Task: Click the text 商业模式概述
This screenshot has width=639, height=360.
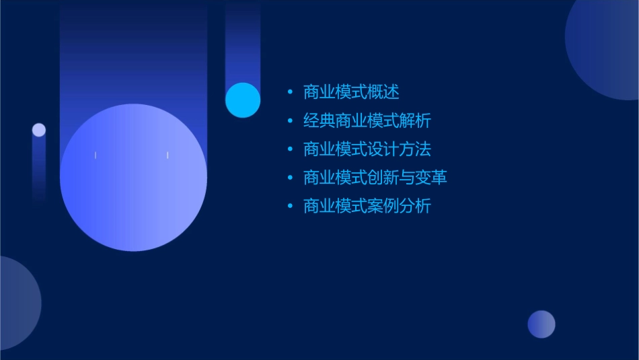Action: [x=351, y=92]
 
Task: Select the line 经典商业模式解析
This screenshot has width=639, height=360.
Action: [x=367, y=121]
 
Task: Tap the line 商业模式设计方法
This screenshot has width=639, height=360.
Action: [x=367, y=149]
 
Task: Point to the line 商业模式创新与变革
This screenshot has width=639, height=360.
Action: [x=375, y=178]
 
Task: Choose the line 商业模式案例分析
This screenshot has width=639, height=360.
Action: [x=367, y=206]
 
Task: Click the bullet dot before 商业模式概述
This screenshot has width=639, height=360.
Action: [x=290, y=92]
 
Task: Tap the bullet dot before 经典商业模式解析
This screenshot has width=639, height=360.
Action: [x=290, y=121]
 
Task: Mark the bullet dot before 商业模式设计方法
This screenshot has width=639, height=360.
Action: [x=290, y=149]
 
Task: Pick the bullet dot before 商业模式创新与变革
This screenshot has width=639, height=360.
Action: [x=290, y=178]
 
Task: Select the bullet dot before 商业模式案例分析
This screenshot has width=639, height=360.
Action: [x=290, y=206]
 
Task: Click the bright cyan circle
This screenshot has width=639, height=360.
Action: [x=243, y=100]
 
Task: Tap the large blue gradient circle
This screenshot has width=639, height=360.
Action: [x=133, y=178]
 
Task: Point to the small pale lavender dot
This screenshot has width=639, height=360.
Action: [x=39, y=130]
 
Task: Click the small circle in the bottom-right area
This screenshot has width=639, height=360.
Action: [x=541, y=324]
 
